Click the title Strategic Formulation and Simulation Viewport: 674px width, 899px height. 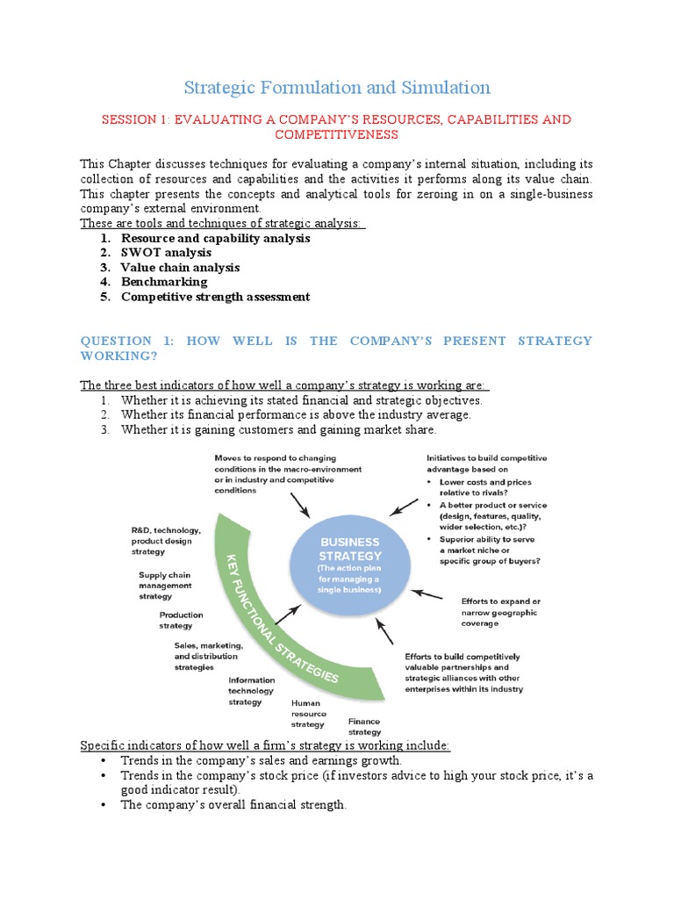pos(337,88)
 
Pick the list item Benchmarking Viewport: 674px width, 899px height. pos(164,282)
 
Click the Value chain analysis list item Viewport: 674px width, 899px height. pos(180,268)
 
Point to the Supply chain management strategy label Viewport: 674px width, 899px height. pos(164,586)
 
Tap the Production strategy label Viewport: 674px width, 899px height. pos(182,621)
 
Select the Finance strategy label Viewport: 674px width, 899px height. pos(364,726)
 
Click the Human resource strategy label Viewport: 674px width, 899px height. pos(306,714)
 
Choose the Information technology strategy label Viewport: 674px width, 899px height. pos(251,691)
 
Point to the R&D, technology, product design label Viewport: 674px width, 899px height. pos(167,541)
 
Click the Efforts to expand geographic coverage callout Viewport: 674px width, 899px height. pos(498,612)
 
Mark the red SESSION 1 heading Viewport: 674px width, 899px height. pos(337,126)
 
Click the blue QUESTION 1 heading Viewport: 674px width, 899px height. pos(337,348)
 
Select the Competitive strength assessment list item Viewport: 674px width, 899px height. pos(215,297)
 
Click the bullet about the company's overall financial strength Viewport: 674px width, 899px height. pos(233,805)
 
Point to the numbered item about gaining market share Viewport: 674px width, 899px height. pos(278,430)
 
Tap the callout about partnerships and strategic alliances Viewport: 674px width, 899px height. pos(463,672)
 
